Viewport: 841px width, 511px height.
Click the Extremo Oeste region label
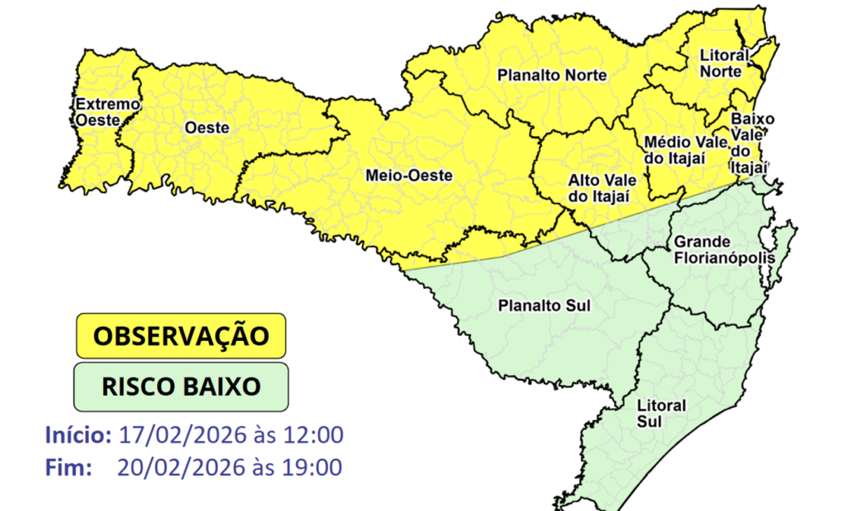107,112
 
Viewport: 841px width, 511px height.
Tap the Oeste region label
207,128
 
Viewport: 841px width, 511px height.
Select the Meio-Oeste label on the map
409,176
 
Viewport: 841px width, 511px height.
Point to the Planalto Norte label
552,76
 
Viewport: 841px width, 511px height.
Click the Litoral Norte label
724,63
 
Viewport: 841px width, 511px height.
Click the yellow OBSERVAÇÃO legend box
181,336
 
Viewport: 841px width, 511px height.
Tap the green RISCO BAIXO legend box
181,386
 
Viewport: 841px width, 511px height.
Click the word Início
78,435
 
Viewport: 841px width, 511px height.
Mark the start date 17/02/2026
183,435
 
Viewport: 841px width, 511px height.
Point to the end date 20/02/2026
183,467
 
